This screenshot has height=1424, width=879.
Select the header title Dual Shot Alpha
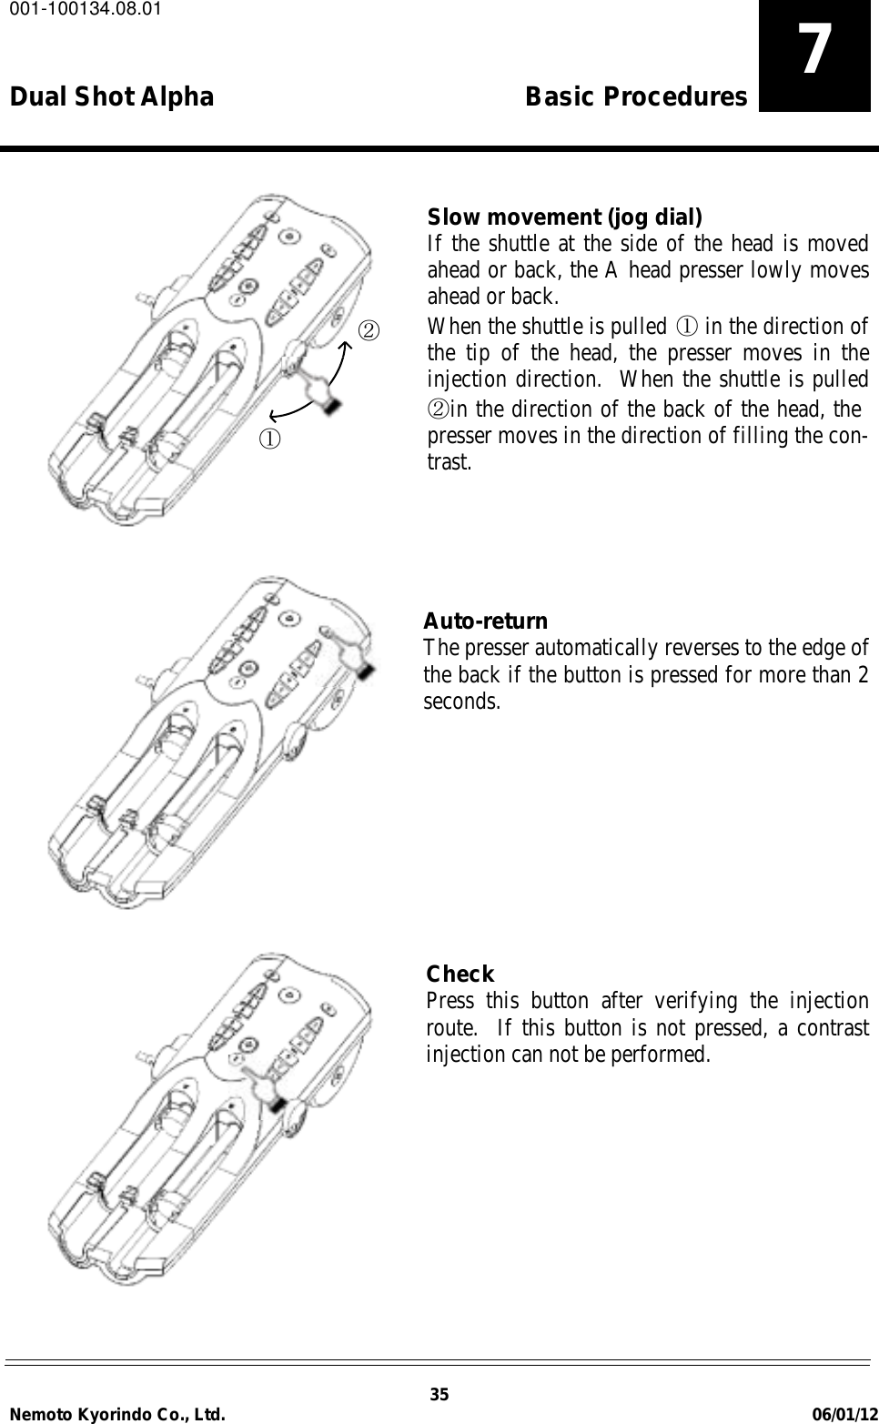coord(112,96)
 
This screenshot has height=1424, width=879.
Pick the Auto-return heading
coord(486,621)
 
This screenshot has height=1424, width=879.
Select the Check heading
coord(460,974)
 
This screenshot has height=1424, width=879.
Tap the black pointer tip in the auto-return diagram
coord(365,671)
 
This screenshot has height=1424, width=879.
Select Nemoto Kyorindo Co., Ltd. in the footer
coord(116,1413)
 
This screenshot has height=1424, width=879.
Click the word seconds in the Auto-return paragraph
coord(461,702)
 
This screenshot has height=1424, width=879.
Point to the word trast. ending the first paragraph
coord(450,461)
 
